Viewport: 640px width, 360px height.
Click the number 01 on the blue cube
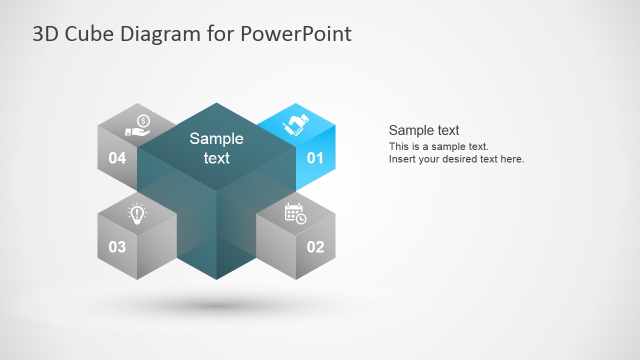[315, 158]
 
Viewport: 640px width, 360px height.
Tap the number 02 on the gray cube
[315, 246]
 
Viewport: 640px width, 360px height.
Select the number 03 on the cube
[117, 246]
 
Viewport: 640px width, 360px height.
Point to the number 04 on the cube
[117, 158]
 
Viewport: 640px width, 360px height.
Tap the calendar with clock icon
[295, 213]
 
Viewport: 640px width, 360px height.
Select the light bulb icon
[137, 213]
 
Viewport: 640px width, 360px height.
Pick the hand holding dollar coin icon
[138, 126]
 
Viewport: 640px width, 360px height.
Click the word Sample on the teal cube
[216, 138]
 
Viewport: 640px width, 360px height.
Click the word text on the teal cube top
[216, 158]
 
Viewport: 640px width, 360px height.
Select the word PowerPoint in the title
[295, 33]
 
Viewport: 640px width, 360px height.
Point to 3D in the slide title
[44, 33]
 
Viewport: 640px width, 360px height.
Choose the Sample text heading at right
[424, 130]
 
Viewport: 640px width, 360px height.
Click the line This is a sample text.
[438, 146]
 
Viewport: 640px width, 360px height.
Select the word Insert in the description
[402, 159]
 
